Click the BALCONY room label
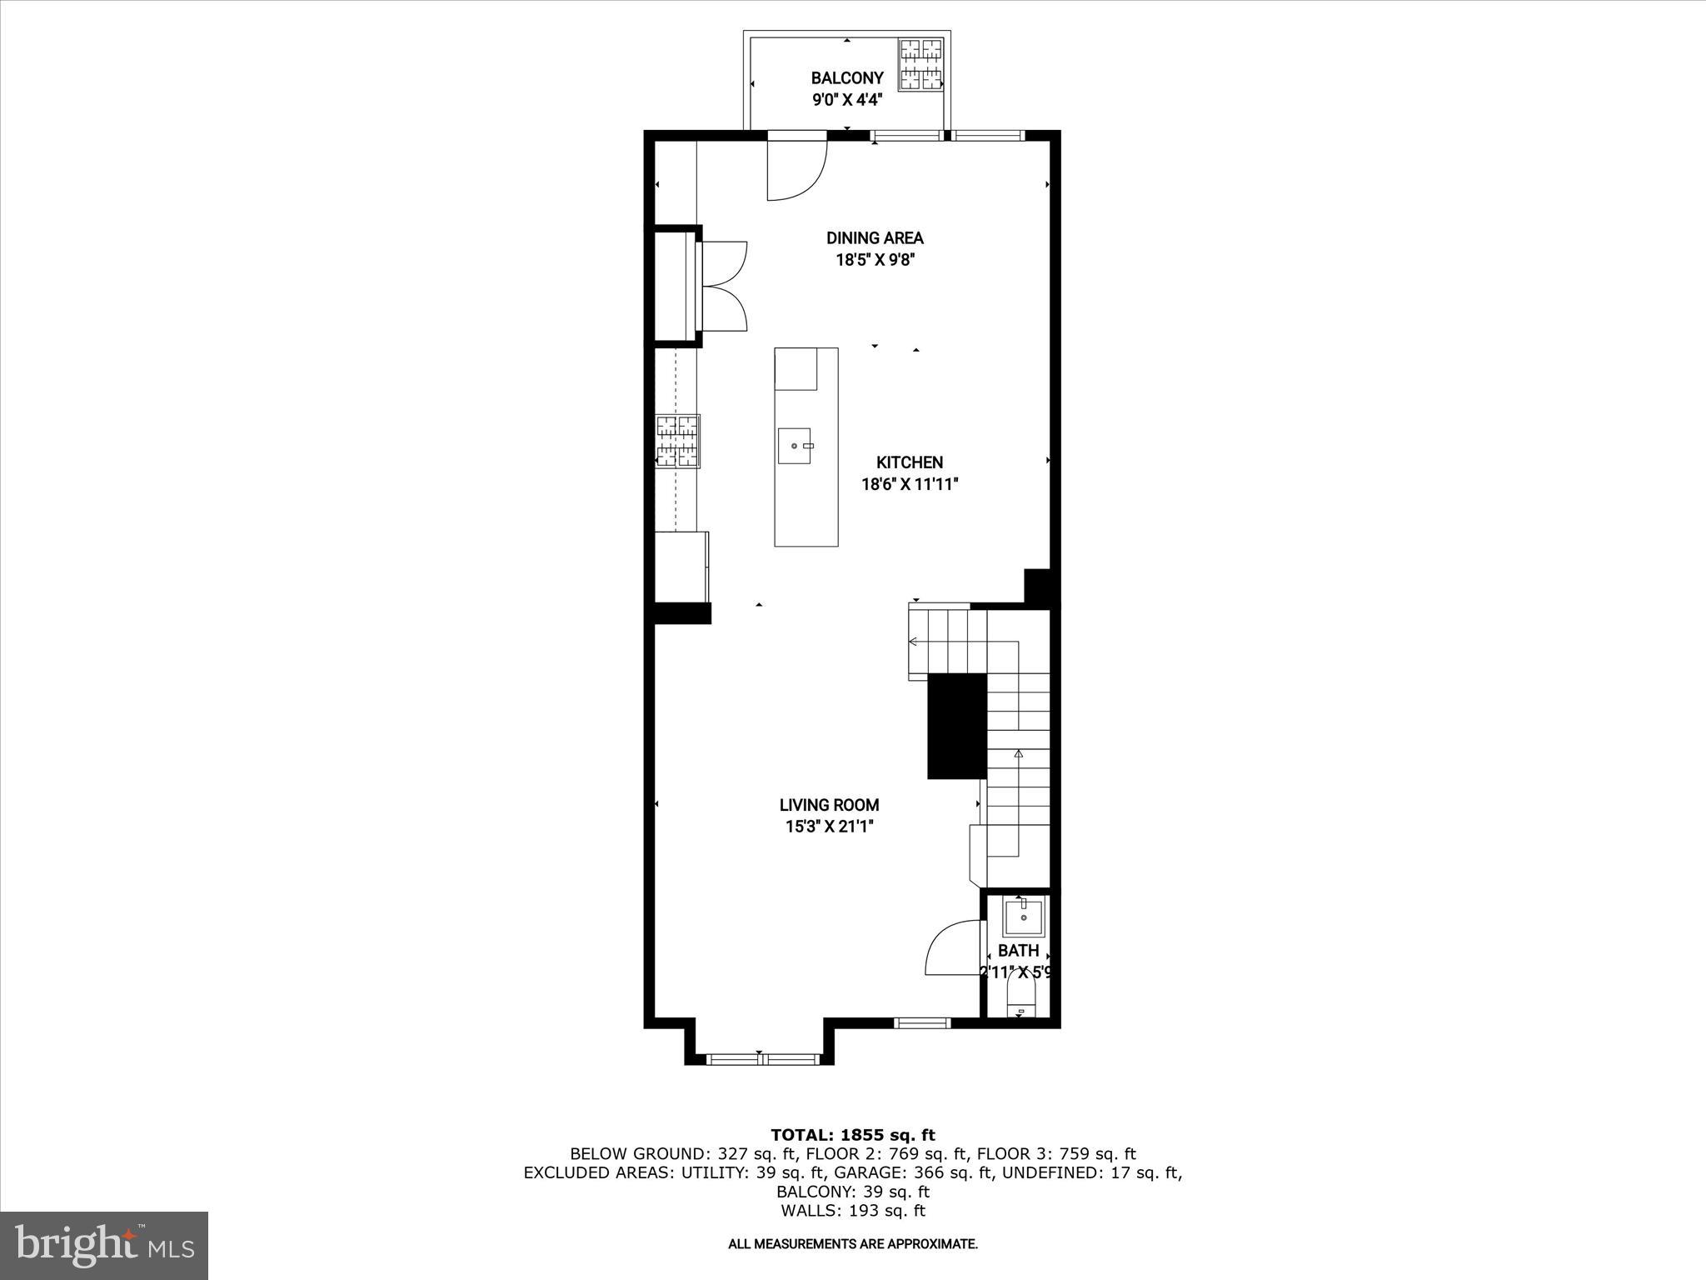point(847,78)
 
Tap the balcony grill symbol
point(920,65)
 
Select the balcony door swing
point(796,171)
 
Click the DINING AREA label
point(875,238)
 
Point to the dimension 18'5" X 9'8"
point(875,260)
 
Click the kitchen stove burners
point(677,442)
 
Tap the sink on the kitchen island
point(794,446)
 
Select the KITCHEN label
point(910,462)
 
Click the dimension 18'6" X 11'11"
point(910,484)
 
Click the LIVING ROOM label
point(829,805)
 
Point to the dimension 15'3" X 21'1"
point(829,827)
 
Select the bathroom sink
point(1023,917)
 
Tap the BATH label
point(1018,951)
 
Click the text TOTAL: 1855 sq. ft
point(853,1135)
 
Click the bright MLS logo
point(104,1245)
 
